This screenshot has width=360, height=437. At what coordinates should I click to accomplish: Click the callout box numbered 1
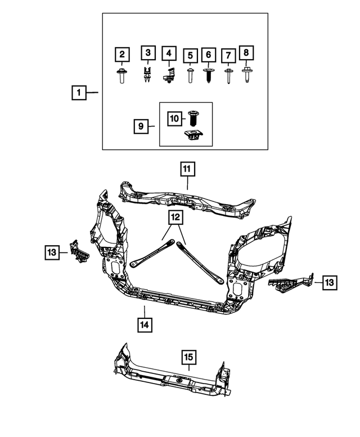coord(79,92)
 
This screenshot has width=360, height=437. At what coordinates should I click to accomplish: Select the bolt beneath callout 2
coord(121,76)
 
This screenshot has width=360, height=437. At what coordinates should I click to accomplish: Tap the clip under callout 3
coord(147,75)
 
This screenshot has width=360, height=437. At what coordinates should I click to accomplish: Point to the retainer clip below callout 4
coord(169,75)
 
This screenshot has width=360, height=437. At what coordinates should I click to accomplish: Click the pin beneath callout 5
coord(190,75)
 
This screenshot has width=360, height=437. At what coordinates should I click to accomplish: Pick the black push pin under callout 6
coord(209,75)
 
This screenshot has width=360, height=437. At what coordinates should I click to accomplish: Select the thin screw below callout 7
coord(228,76)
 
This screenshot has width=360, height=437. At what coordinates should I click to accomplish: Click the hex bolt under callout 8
coord(246,74)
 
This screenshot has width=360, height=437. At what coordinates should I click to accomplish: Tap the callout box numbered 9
coord(141,126)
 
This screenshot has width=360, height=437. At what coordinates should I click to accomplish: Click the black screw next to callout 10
coord(192,118)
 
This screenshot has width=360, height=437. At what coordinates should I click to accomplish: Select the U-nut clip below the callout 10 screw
coord(193,136)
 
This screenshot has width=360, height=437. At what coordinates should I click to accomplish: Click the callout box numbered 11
coord(187,169)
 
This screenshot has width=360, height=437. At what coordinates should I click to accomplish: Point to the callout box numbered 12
coord(175,218)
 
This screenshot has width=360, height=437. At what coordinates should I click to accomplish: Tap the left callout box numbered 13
coord(52,252)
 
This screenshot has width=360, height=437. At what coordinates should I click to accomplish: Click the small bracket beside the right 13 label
coord(291,283)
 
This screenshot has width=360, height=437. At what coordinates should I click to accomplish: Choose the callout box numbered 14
coord(145,325)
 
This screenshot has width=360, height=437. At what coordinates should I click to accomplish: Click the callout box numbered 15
coord(188,357)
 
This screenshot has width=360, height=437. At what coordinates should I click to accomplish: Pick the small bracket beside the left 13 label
coord(79,251)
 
